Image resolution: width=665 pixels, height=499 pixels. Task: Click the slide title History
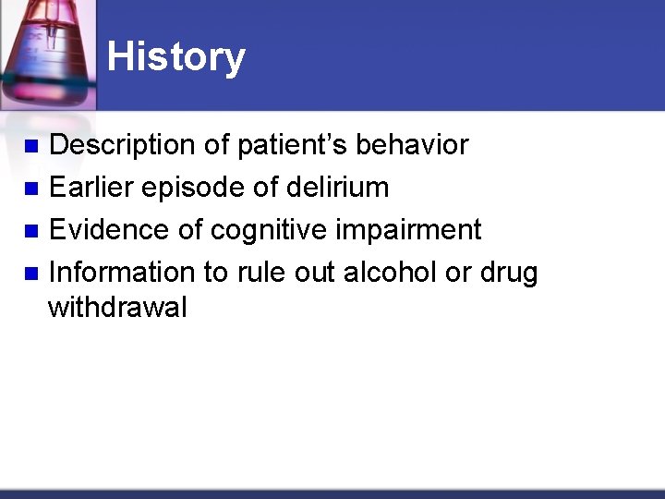175,57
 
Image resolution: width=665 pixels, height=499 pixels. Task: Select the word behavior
412,145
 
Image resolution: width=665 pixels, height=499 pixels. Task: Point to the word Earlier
91,188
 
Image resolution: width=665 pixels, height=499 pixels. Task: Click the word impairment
408,230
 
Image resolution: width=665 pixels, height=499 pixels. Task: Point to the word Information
121,272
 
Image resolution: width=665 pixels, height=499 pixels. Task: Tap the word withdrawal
117,307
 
